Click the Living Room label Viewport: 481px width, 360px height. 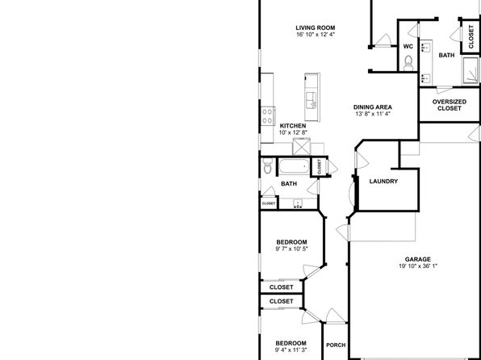click(x=316, y=27)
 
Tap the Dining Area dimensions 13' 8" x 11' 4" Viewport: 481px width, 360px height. click(x=372, y=114)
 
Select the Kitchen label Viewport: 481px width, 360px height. click(x=293, y=126)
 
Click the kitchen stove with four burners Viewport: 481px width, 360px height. click(x=268, y=116)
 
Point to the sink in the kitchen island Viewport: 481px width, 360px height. click(x=312, y=100)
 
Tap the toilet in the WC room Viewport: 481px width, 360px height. click(x=408, y=63)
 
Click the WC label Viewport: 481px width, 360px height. click(x=408, y=47)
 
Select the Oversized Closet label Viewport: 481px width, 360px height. click(x=450, y=105)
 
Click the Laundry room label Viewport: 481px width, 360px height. click(x=383, y=181)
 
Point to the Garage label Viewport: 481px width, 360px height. click(x=418, y=259)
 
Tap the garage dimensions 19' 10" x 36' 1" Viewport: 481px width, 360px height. click(x=418, y=266)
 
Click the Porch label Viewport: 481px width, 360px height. click(x=336, y=345)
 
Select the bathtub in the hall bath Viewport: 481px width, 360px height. click(x=295, y=166)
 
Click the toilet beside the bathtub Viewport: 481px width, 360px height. click(x=267, y=165)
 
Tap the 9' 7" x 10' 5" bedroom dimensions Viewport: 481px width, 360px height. click(x=291, y=249)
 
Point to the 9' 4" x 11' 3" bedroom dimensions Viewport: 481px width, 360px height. click(x=291, y=350)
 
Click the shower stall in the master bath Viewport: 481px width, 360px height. click(x=471, y=70)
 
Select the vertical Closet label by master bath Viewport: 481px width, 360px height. click(x=471, y=36)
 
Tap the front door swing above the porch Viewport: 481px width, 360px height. click(x=335, y=316)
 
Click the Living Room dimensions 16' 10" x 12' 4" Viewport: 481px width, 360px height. click(x=316, y=35)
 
